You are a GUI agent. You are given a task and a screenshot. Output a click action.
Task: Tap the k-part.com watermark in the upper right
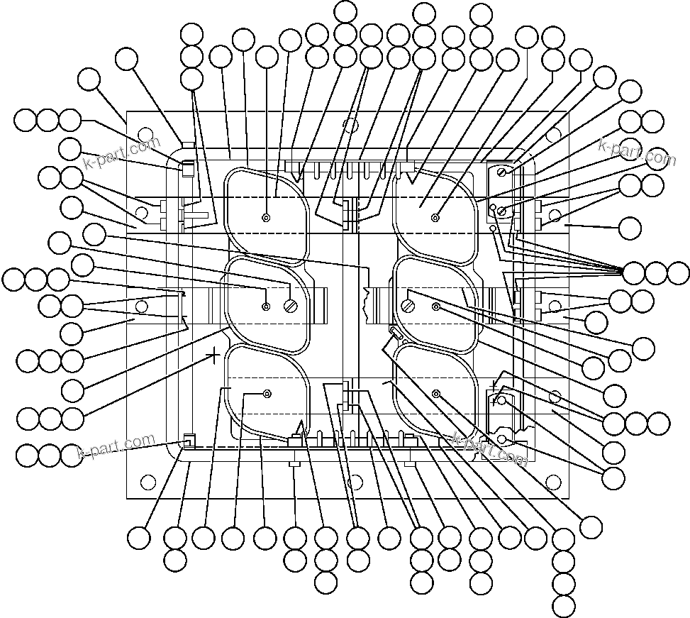click(x=637, y=153)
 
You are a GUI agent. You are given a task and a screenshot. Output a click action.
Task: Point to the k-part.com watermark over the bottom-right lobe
click(x=489, y=448)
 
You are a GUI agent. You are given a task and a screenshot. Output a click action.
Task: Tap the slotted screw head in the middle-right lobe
click(x=408, y=307)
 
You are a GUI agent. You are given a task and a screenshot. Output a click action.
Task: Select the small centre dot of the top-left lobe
click(x=267, y=218)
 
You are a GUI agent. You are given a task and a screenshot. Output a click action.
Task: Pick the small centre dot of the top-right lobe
click(x=435, y=218)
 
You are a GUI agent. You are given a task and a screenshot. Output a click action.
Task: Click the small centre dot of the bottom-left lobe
click(x=267, y=394)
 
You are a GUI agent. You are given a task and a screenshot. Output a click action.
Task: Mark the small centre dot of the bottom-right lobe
click(x=435, y=394)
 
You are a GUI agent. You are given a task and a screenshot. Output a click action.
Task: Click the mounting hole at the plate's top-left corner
click(x=145, y=133)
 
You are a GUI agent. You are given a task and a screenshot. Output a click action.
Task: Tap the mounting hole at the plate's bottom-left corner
click(x=148, y=482)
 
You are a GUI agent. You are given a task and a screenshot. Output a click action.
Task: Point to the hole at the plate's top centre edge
click(x=349, y=125)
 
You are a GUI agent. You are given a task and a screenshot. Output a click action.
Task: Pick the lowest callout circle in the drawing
click(x=564, y=607)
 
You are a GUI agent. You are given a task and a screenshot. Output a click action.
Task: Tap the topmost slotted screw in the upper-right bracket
click(x=503, y=172)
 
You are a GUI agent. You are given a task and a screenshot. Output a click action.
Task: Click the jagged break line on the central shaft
click(x=367, y=302)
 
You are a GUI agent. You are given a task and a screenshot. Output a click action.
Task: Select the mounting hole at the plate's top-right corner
click(x=553, y=133)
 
